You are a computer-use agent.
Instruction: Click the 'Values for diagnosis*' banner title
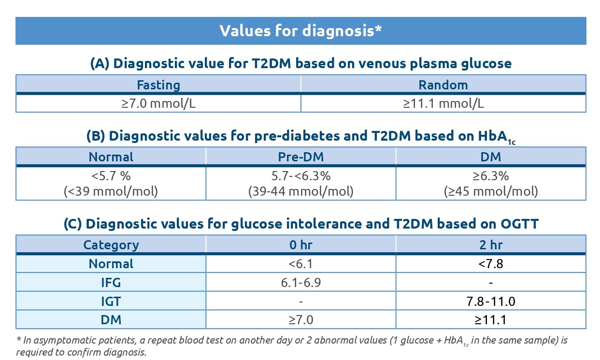pyautogui.click(x=300, y=30)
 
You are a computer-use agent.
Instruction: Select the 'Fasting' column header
pyautogui.click(x=158, y=85)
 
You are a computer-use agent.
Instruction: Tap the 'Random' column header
pyautogui.click(x=443, y=85)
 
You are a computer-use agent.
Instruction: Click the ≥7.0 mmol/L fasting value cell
pyautogui.click(x=158, y=103)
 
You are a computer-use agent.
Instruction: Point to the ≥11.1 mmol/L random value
pyautogui.click(x=443, y=103)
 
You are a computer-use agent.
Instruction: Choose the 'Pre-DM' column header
pyautogui.click(x=300, y=157)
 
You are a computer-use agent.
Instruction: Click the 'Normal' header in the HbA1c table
pyautogui.click(x=111, y=157)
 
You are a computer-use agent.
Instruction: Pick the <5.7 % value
pyautogui.click(x=111, y=175)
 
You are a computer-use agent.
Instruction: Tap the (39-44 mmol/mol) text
pyautogui.click(x=300, y=191)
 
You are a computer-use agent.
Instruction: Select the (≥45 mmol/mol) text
pyautogui.click(x=491, y=191)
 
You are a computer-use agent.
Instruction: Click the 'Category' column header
pyautogui.click(x=111, y=245)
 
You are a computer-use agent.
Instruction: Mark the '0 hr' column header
pyautogui.click(x=300, y=245)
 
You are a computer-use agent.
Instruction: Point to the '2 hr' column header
pyautogui.click(x=491, y=245)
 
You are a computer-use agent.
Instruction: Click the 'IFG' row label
pyautogui.click(x=111, y=283)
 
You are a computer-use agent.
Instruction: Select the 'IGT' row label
pyautogui.click(x=111, y=302)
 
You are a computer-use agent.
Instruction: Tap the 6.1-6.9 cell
pyautogui.click(x=300, y=283)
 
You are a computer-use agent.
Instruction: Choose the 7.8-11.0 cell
pyautogui.click(x=491, y=302)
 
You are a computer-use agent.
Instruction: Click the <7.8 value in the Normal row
pyautogui.click(x=491, y=264)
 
